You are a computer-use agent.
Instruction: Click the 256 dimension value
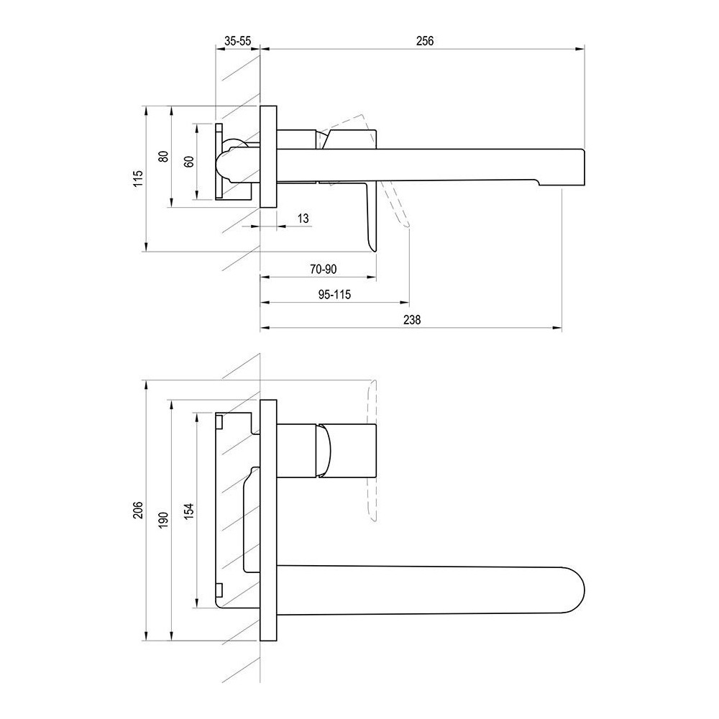coord(425,41)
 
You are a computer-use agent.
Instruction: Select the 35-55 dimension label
coord(237,41)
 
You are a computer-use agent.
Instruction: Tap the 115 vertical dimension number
coord(139,179)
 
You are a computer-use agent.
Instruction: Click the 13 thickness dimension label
coord(303,219)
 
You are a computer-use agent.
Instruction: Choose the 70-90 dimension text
coord(324,269)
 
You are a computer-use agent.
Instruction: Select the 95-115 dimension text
coord(335,294)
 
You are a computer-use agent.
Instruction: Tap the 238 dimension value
coord(412,320)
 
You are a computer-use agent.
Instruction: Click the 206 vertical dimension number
coord(138,510)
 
